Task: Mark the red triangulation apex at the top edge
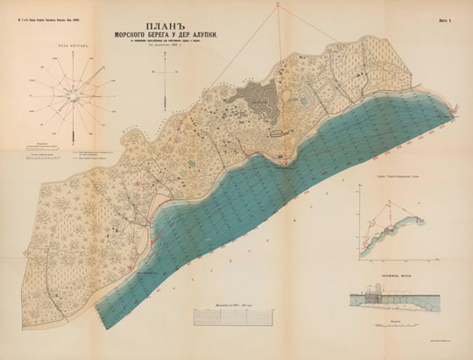279,5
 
